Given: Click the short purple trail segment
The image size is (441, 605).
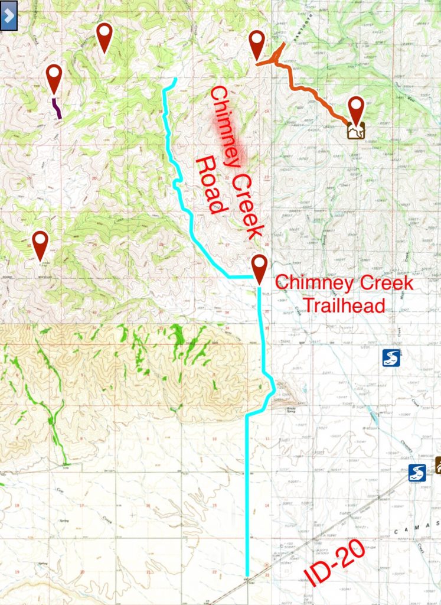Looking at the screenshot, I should point(57,109).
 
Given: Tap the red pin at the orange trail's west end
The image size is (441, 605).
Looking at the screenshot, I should point(257,44).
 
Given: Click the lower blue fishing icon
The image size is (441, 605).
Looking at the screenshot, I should point(417,472).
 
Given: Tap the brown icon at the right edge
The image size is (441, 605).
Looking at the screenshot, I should point(438,465).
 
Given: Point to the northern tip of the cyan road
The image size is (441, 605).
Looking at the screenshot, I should point(175,79).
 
